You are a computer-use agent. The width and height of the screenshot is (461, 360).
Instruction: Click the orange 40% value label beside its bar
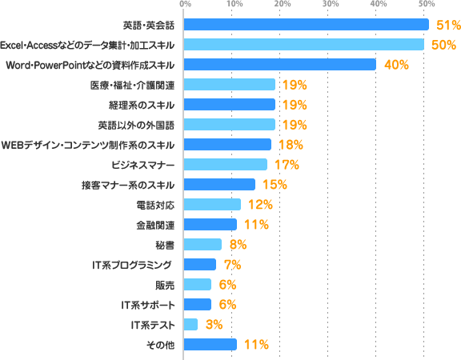pyautogui.click(x=396, y=65)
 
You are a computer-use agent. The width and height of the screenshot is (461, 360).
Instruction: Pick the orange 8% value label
pyautogui.click(x=238, y=245)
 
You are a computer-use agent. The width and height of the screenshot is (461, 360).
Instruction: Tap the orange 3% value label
pyautogui.click(x=214, y=325)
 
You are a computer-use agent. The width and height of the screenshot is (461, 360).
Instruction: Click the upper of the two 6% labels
pyautogui.click(x=226, y=285)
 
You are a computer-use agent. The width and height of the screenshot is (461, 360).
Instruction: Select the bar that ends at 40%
pyautogui.click(x=280, y=65)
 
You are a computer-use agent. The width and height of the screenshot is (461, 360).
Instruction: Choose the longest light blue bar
pyautogui.click(x=304, y=45)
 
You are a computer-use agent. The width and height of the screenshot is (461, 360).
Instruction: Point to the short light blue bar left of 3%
pyautogui.click(x=190, y=325)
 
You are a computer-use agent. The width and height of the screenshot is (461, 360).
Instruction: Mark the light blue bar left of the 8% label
pyautogui.click(x=202, y=245)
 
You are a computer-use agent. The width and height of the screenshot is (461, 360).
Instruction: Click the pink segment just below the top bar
pyautogui.click(x=339, y=35)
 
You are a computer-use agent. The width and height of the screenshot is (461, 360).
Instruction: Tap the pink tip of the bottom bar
pyautogui.click(x=273, y=345)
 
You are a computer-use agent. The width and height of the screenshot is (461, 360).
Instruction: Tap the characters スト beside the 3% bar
pyautogui.click(x=164, y=325)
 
